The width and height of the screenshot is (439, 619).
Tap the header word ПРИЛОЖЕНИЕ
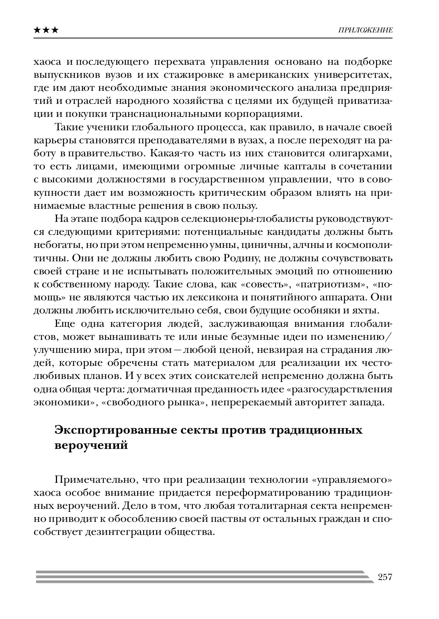(365, 30)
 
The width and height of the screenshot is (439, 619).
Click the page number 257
(385, 577)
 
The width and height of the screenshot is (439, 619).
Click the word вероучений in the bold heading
(91, 445)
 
